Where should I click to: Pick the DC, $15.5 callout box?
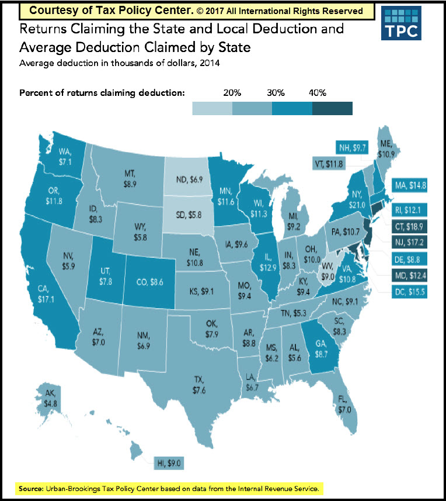click(407, 289)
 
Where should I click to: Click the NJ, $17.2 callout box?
click(407, 241)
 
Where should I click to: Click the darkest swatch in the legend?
click(332, 108)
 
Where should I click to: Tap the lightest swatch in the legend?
click(212, 108)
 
